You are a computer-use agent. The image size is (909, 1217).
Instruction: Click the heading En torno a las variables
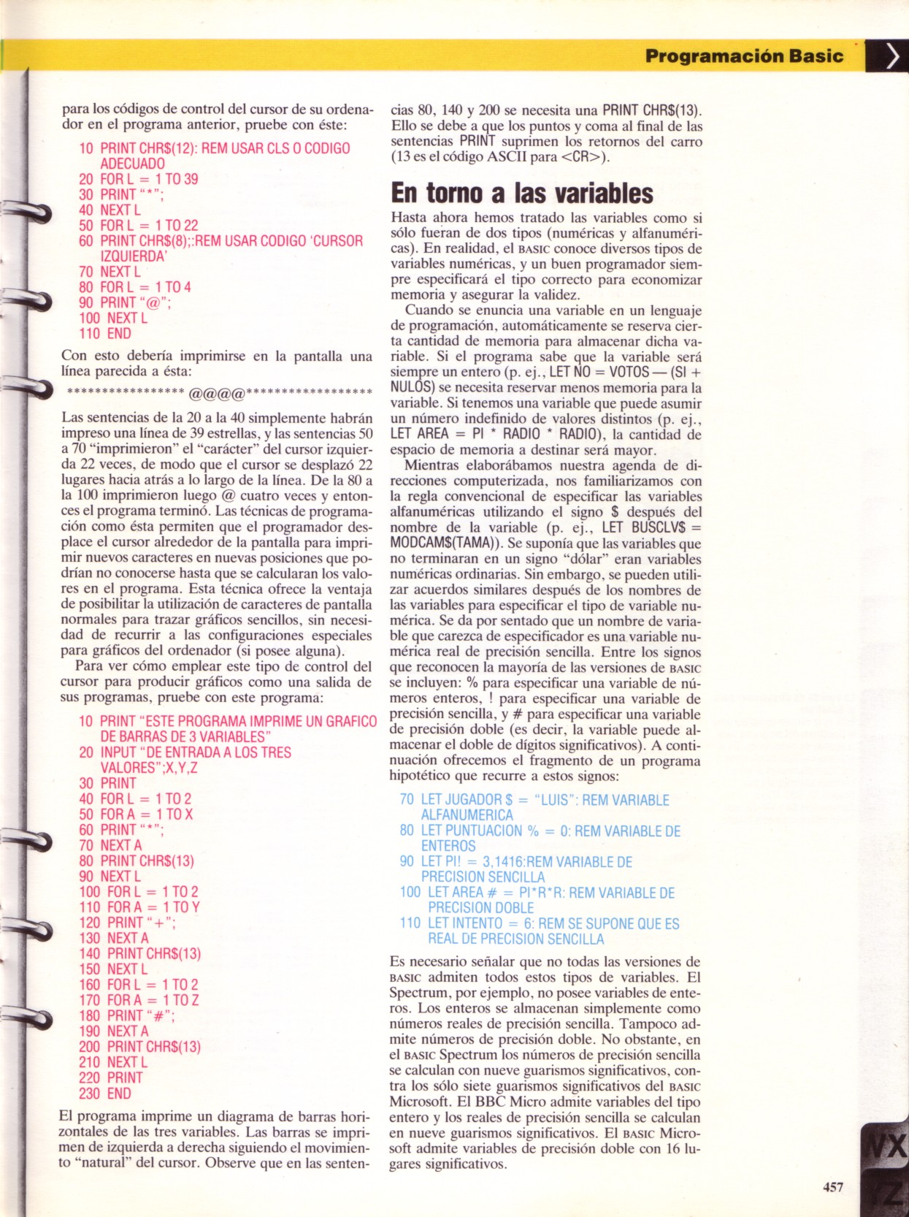522,193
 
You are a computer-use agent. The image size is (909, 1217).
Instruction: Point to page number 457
833,1187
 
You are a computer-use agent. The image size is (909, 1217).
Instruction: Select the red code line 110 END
105,334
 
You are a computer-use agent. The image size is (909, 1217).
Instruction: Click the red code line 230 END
105,1094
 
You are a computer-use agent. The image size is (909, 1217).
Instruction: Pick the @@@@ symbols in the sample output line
217,394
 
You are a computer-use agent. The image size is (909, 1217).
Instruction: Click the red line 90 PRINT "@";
125,302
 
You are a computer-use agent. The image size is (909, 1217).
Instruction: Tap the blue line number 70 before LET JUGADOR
407,800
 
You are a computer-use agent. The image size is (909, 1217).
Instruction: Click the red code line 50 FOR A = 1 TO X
136,814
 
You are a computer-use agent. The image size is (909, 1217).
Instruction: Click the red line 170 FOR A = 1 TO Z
139,1000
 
